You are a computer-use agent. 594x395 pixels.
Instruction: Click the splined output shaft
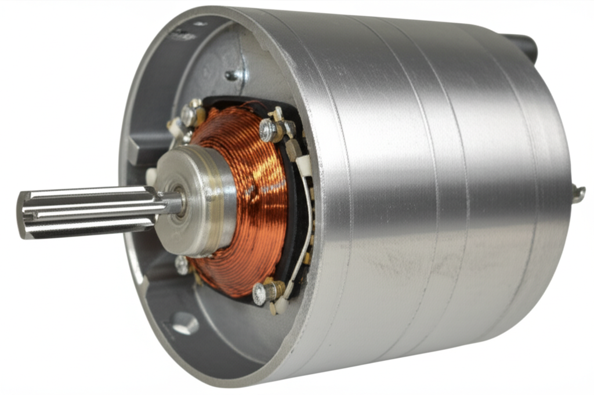87,212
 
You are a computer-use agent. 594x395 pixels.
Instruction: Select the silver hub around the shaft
200,200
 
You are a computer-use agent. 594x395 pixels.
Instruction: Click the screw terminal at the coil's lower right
260,293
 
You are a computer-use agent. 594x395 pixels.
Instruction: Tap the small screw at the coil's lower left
182,265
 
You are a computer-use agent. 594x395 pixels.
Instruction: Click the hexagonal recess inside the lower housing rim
185,322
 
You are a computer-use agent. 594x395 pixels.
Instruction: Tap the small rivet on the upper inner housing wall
231,75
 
